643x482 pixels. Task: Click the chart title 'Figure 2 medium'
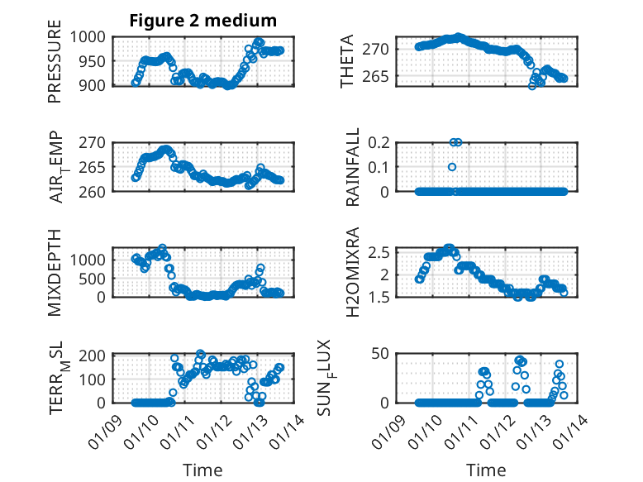point(202,20)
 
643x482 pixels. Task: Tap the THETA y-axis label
point(347,61)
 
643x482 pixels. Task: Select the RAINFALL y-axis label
point(353,166)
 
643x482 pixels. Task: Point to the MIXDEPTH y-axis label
point(55,271)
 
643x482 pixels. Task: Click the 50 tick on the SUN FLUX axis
point(380,355)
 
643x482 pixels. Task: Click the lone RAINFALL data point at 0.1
point(452,167)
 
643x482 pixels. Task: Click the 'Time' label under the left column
point(202,470)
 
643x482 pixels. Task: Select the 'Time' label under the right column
point(486,470)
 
